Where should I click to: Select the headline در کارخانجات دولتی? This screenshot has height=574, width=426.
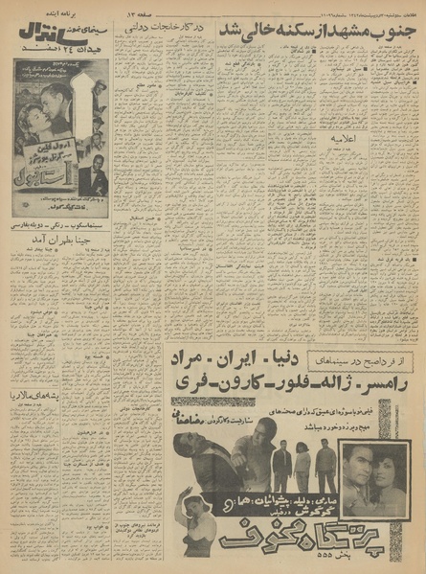coord(158,31)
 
